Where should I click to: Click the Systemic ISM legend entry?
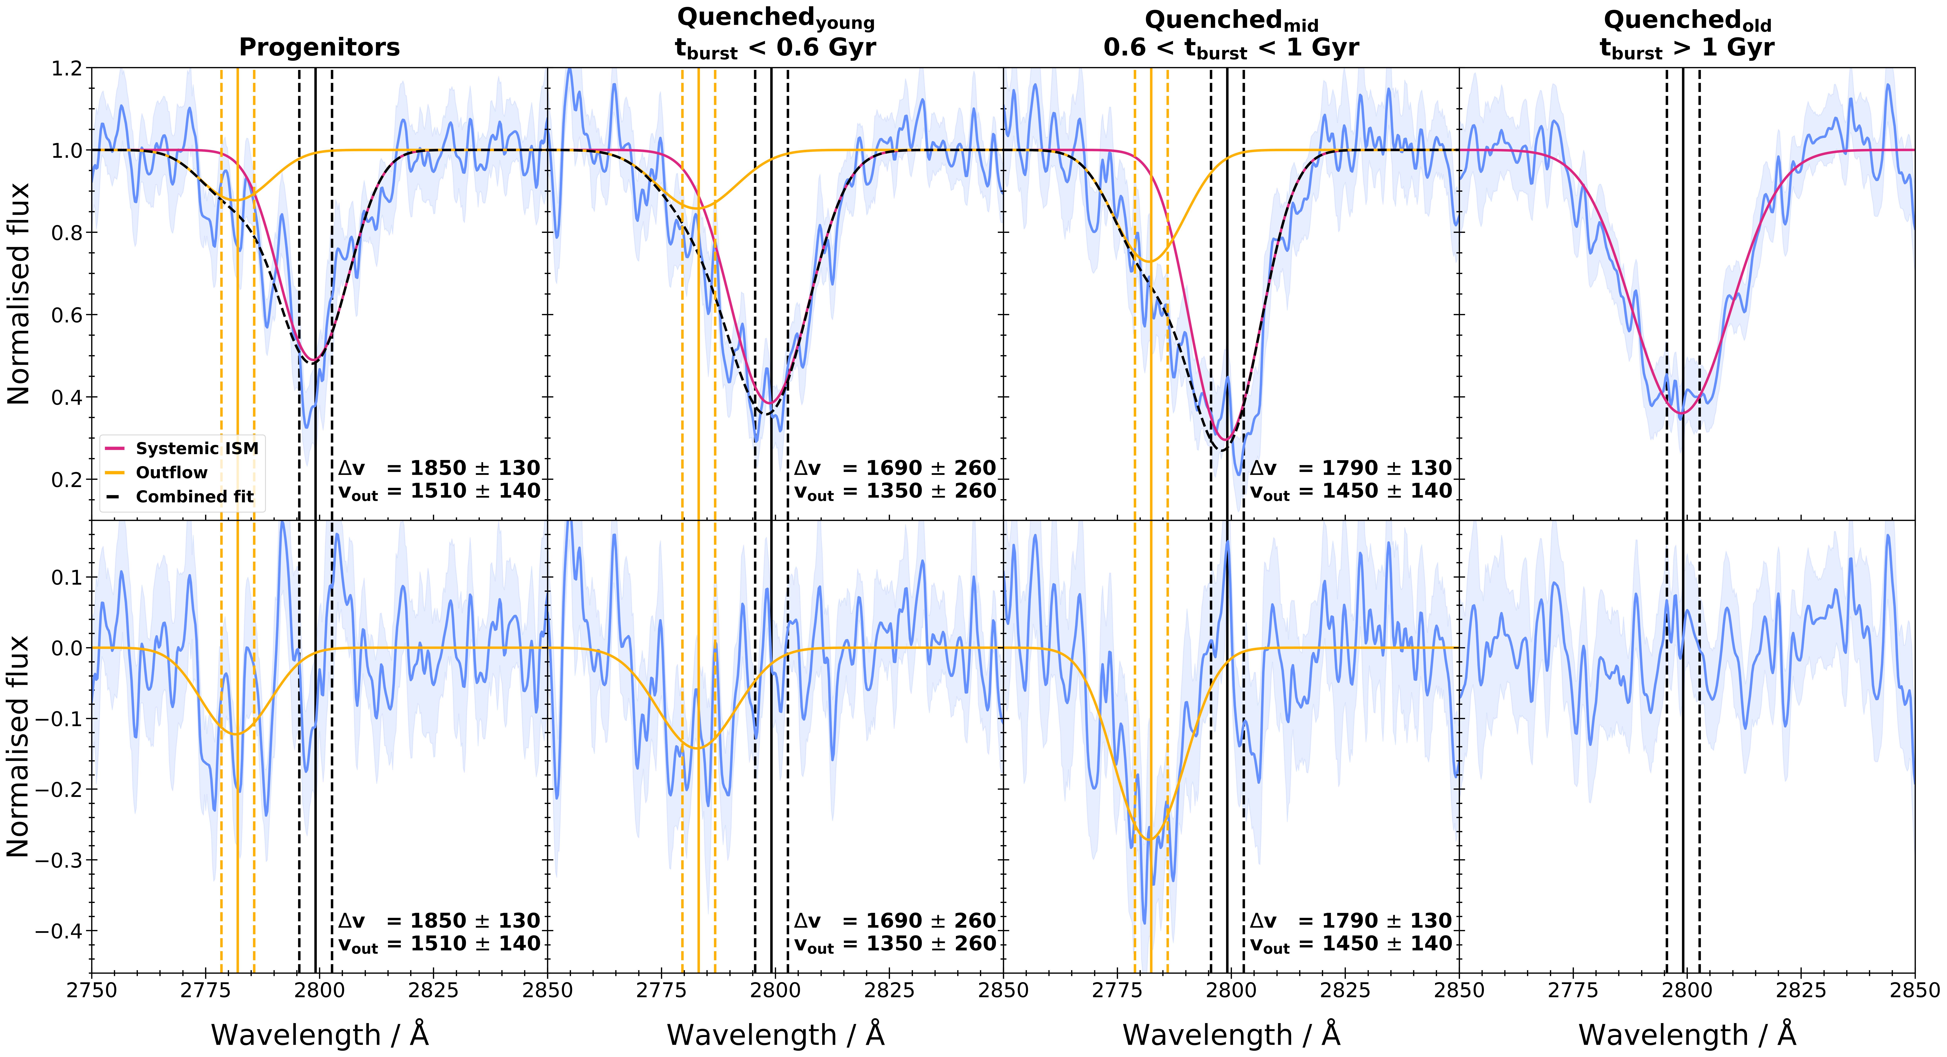[x=196, y=448]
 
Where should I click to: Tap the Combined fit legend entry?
[x=194, y=496]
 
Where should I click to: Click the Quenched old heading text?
[x=1687, y=20]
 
